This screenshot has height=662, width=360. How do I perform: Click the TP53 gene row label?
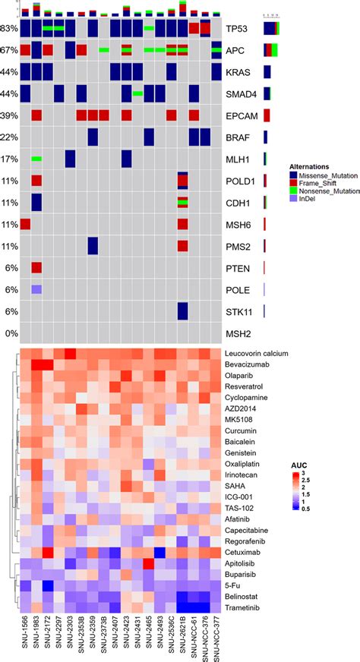pos(237,29)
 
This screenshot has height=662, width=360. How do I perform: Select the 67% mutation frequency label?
pos(9,51)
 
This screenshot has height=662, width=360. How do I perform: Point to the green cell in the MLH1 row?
pos(36,159)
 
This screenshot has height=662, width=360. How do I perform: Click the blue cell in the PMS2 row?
pos(92,247)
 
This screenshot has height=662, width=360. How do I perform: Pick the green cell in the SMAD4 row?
pos(137,93)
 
